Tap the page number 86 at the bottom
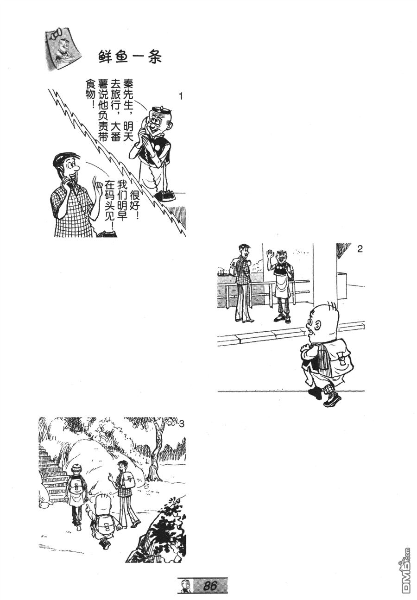pos(210,586)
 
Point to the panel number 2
pos(360,249)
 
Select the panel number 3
pos(181,423)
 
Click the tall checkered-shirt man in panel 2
pos(243,283)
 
